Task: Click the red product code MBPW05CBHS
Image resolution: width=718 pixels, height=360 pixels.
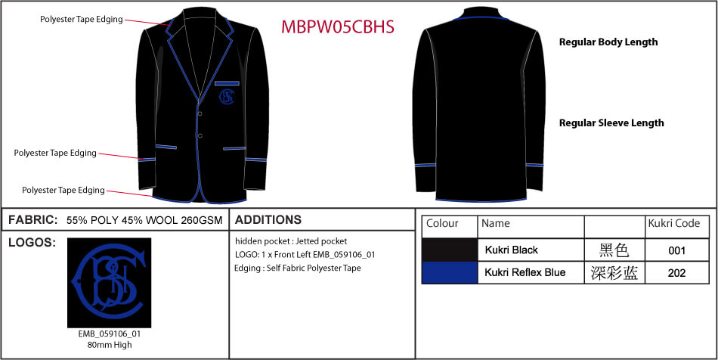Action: click(338, 27)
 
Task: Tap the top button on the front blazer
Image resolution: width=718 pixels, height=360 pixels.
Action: click(200, 113)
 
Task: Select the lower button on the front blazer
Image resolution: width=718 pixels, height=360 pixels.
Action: click(200, 135)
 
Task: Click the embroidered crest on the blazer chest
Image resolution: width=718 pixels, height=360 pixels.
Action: click(227, 97)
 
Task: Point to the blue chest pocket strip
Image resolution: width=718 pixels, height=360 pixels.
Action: click(227, 83)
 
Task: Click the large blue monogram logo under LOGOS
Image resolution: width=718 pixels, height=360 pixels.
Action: click(109, 282)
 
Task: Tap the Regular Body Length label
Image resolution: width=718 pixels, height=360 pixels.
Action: click(608, 42)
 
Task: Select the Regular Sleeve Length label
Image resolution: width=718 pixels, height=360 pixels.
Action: click(611, 123)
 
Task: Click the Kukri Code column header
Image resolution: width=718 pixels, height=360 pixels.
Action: click(674, 223)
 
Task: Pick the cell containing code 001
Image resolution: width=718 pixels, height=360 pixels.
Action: click(676, 250)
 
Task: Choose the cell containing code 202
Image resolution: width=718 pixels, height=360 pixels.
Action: click(676, 272)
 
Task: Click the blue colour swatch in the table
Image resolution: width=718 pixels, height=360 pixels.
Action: click(450, 272)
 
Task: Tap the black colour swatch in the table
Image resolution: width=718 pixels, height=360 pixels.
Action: click(450, 250)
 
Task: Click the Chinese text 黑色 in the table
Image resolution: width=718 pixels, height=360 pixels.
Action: click(614, 250)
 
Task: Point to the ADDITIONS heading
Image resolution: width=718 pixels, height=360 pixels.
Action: click(268, 220)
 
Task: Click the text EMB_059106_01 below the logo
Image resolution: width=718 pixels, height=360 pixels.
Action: click(110, 334)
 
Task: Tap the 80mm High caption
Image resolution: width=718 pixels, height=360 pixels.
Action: click(110, 344)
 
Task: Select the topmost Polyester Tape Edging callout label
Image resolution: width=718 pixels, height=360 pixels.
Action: click(82, 19)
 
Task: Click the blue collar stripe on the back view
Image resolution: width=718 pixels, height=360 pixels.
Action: click(481, 18)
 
